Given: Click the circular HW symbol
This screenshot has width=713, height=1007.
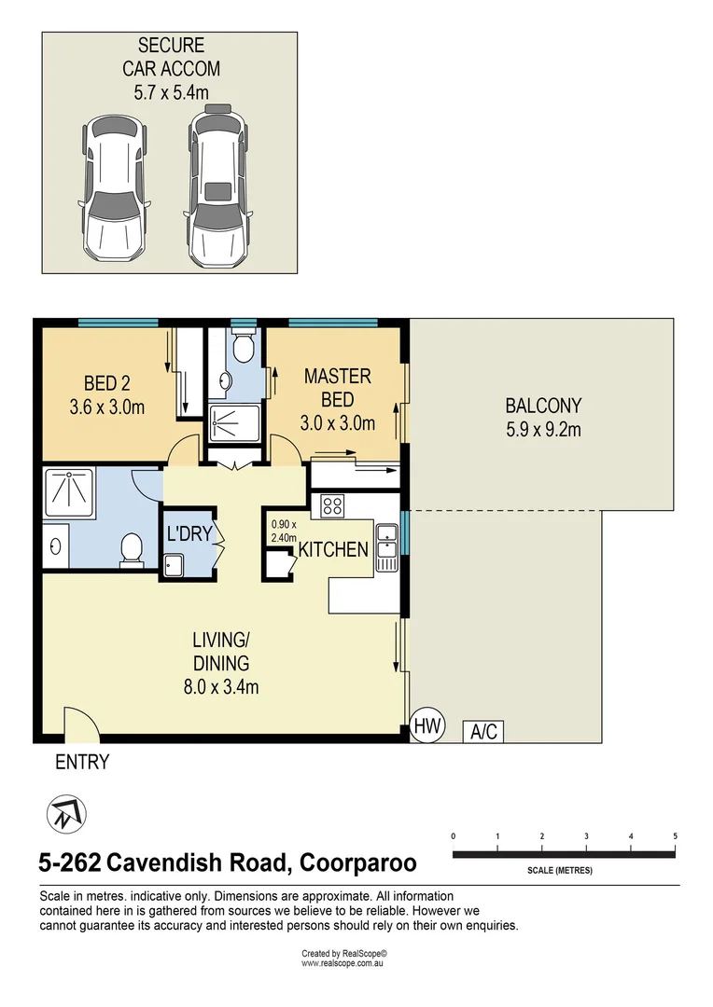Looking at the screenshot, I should [x=428, y=724].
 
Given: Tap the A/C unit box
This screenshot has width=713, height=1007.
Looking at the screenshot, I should [x=483, y=732].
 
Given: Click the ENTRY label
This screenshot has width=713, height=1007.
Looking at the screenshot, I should [x=82, y=762].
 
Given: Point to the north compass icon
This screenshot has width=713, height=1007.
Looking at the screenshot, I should [x=66, y=814].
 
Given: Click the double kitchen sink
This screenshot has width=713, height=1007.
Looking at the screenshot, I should [x=386, y=547].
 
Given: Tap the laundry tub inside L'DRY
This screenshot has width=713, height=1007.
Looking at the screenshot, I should [x=174, y=564].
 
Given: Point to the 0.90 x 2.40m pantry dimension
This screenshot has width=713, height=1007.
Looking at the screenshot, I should [x=284, y=531].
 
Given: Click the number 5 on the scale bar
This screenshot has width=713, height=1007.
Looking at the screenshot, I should [x=674, y=835].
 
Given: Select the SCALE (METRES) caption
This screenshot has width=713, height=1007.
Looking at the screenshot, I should [x=560, y=870].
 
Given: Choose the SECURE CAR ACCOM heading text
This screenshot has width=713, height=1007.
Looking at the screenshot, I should [x=170, y=56].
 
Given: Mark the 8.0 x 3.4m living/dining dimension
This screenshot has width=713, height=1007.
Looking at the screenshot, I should [x=221, y=688].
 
